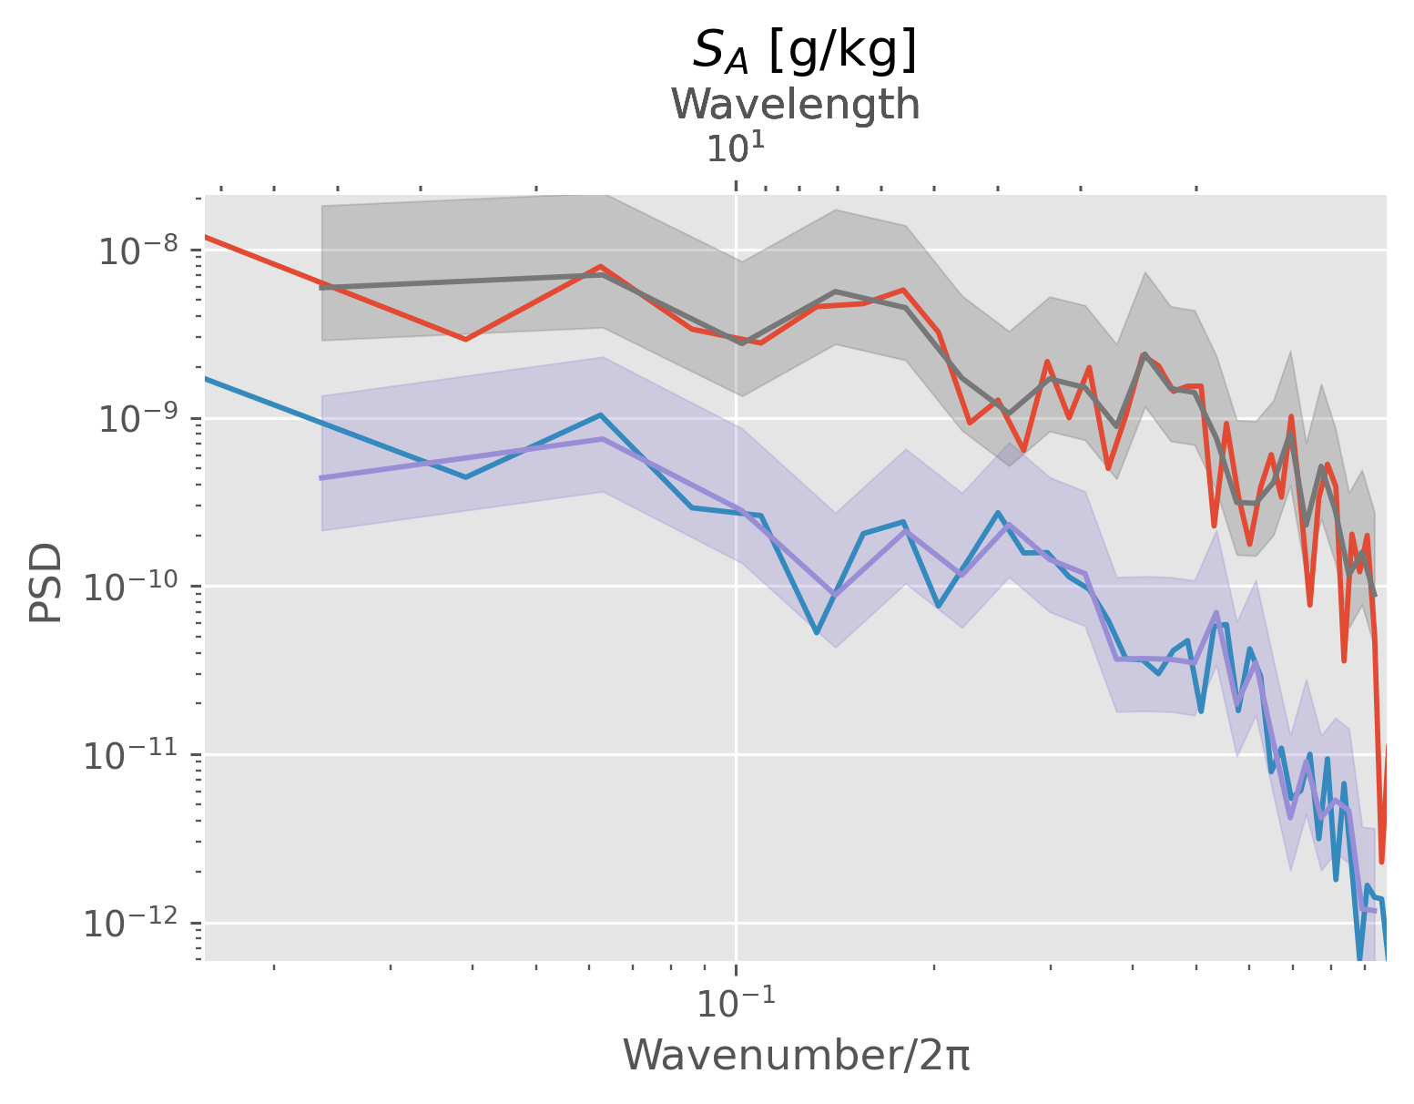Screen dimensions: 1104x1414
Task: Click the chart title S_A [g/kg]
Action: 804,51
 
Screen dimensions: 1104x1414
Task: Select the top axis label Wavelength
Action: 796,105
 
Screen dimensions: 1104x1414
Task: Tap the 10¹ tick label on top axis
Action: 735,148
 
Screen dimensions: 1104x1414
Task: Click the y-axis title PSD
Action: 46,583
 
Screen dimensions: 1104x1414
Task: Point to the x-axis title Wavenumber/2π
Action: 796,1056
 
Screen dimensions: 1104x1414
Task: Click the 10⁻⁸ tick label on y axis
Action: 136,250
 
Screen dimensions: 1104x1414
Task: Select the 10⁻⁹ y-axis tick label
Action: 136,419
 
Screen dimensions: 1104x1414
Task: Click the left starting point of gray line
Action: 321,288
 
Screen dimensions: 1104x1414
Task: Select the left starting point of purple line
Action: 321,477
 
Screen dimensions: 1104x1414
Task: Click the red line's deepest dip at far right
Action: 1381,861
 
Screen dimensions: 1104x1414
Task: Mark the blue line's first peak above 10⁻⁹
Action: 601,415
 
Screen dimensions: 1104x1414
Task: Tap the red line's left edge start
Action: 206,237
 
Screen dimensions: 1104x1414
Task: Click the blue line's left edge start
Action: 206,378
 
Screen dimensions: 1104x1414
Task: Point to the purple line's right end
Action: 1375,911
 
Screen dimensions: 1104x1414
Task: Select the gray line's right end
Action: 1375,596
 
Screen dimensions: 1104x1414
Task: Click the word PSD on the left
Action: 46,583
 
